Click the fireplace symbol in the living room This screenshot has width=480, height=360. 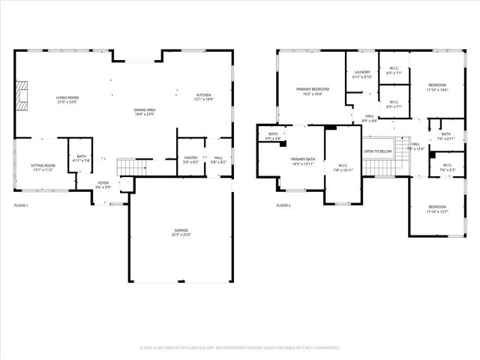pos(22,95)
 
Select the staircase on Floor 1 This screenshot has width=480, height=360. pos(128,166)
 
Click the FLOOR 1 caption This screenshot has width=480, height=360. pos(21,205)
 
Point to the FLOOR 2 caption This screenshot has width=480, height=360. pos(283,205)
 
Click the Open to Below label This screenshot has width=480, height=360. pos(378,151)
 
